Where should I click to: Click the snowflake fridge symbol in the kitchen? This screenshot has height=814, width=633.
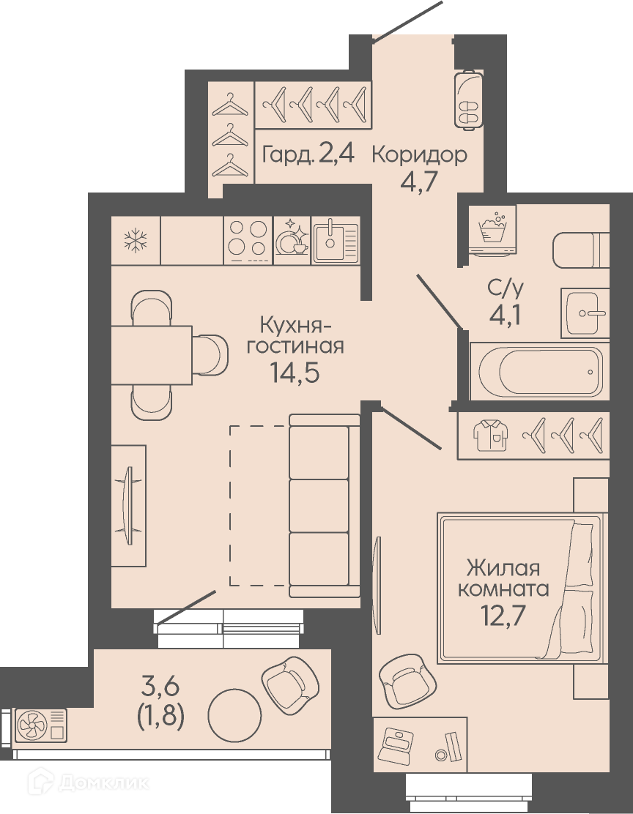pos(136,241)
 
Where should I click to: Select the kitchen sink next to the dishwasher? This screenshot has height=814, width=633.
pos(336,240)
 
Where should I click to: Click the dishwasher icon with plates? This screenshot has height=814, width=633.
pos(292,239)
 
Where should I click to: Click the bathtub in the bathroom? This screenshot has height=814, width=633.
pos(541,371)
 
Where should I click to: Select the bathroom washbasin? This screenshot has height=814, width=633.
pos(585,313)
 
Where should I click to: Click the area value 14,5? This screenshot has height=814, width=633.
pos(295,372)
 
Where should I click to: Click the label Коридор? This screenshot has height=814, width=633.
pos(419,154)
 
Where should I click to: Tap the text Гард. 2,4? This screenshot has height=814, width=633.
pos(308,154)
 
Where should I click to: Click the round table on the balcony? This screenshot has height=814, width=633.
pos(234,715)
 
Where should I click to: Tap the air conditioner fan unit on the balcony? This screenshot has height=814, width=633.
pos(41,725)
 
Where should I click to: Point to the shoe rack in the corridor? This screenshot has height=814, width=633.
pos(469,98)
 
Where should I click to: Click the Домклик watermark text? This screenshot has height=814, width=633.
pos(104,783)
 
